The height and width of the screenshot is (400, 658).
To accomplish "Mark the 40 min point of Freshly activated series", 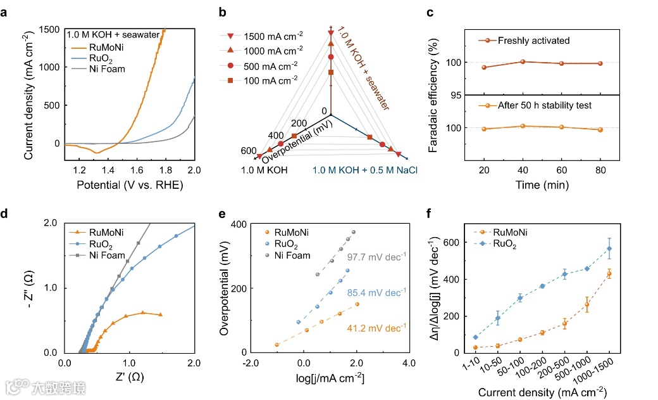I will click(x=523, y=61).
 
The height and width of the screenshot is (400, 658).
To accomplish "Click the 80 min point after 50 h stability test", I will click(x=600, y=129).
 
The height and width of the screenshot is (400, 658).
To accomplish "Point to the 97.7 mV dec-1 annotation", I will click(x=376, y=257).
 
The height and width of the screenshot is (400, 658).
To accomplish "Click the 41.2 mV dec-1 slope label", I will click(x=376, y=328).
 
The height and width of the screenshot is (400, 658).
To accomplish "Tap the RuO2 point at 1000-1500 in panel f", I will click(x=609, y=248).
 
